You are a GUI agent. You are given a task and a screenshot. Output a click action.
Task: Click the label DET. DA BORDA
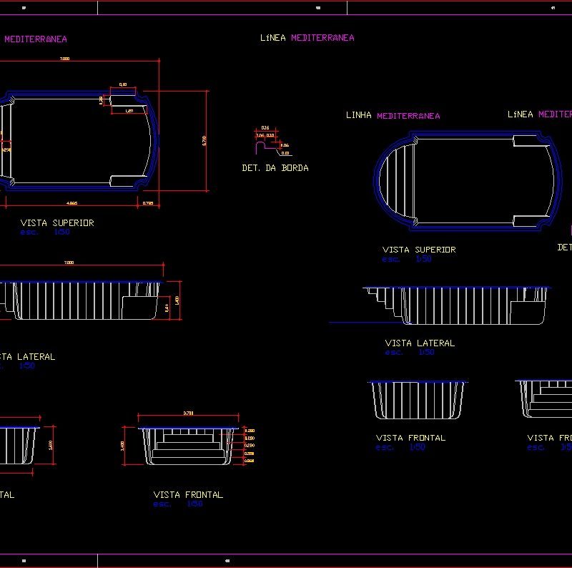tap(275, 168)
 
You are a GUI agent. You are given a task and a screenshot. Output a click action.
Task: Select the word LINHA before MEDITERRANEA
tap(359, 115)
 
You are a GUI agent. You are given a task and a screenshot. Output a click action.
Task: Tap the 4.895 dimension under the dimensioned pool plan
tap(72, 204)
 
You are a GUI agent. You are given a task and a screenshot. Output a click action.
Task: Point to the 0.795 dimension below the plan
tap(148, 204)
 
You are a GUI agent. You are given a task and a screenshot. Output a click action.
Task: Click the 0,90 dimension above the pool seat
tap(122, 85)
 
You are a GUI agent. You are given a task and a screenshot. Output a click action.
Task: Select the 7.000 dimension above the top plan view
tap(64, 59)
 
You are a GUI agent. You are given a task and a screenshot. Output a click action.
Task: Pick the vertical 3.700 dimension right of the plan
tap(204, 140)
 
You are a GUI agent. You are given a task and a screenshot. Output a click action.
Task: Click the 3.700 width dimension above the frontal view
tap(188, 413)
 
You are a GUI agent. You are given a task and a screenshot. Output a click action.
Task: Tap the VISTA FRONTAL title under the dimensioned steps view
tap(188, 494)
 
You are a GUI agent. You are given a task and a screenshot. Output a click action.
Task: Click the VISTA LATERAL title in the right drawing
tap(420, 343)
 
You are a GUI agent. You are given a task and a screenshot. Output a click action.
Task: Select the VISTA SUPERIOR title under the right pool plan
tap(419, 250)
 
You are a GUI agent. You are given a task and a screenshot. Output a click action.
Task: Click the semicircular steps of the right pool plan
tap(395, 181)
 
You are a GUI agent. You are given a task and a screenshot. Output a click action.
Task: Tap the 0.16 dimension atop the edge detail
tap(265, 127)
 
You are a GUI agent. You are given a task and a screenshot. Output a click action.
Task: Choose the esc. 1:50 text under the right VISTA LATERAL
tap(409, 353)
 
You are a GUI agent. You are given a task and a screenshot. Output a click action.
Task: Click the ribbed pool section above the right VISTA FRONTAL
tap(417, 401)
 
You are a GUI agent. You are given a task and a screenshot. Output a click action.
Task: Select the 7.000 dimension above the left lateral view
tap(69, 263)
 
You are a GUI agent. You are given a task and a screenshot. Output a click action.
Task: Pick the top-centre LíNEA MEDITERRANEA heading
tap(307, 38)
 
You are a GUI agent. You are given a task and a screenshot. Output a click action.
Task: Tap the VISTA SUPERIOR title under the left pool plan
tap(57, 223)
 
